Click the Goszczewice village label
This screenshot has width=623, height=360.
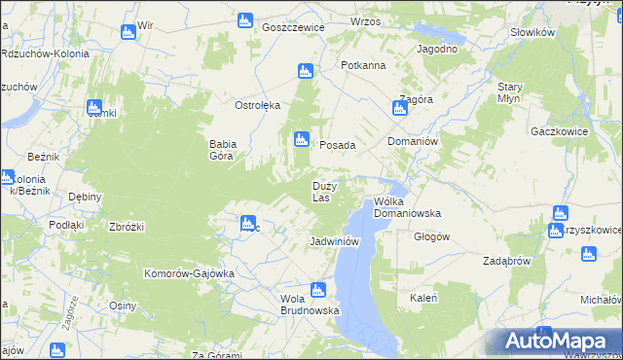[x=292, y=28]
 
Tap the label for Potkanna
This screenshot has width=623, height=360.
[x=363, y=65]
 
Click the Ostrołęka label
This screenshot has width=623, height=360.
[x=257, y=105]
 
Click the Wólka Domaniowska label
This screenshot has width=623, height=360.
[x=407, y=207]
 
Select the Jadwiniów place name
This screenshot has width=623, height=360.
[x=335, y=241]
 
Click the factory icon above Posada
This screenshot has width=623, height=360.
[x=302, y=140]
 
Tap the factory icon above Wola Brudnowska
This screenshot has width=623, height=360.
[x=317, y=289]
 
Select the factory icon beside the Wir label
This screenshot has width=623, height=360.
[x=128, y=32]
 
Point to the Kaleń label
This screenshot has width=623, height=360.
[x=422, y=298]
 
